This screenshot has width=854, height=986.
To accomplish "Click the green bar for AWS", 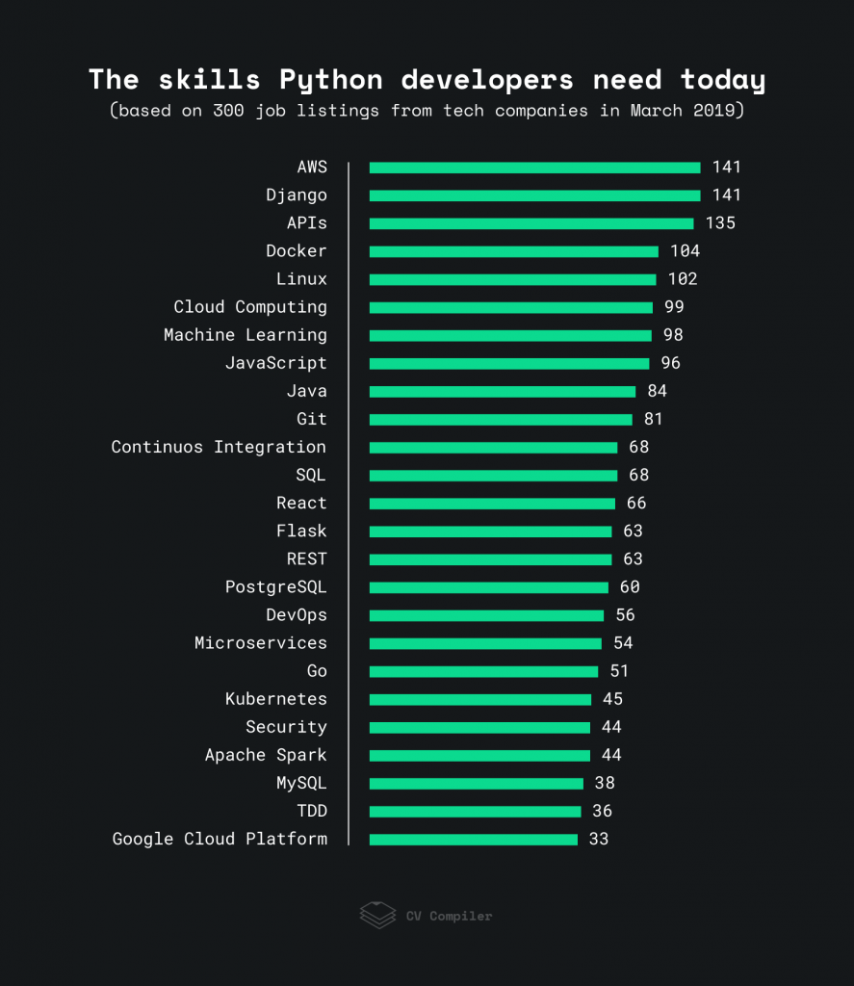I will click(534, 168).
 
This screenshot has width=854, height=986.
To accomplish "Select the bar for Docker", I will click(513, 251).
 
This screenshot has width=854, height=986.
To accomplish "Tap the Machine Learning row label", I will click(245, 335).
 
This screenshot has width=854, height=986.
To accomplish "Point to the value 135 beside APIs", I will click(720, 223).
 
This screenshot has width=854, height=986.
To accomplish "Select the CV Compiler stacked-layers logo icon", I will click(377, 915).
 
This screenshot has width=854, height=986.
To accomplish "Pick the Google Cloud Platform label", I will click(220, 839).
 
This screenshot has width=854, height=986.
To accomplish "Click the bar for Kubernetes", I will click(479, 699).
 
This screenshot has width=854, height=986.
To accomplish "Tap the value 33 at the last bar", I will click(599, 839).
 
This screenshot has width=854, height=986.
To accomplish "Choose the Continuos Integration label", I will click(219, 447).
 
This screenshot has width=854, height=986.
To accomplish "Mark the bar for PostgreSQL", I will click(488, 587).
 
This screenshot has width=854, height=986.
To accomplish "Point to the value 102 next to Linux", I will click(683, 279).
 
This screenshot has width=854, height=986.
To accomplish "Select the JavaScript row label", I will click(275, 363).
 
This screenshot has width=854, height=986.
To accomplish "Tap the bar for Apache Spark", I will click(479, 755).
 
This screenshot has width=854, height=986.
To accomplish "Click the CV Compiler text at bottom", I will click(449, 916).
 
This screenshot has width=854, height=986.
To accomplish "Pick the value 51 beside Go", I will click(619, 671).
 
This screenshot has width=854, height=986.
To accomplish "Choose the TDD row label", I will click(311, 811).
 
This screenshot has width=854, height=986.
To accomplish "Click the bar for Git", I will click(501, 420).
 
